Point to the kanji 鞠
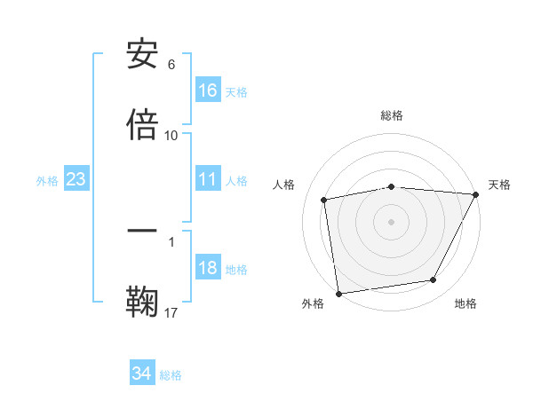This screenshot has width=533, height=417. (x=142, y=301)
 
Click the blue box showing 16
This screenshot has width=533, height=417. (x=208, y=90)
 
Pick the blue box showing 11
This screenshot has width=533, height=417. (x=208, y=179)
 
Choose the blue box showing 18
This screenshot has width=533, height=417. (x=208, y=269)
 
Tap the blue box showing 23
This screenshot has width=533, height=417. (x=76, y=179)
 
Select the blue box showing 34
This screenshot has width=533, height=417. (x=142, y=374)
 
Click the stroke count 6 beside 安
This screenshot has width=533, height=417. (x=171, y=65)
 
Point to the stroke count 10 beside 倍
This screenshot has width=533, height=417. (x=171, y=135)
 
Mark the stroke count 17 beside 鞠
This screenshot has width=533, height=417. (x=171, y=312)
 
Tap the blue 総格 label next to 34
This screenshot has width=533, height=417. (x=171, y=375)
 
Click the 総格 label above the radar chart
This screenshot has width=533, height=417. (x=392, y=115)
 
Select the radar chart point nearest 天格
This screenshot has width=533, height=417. (x=476, y=194)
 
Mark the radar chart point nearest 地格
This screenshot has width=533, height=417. (x=434, y=280)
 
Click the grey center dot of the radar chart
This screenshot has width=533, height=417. (x=392, y=221)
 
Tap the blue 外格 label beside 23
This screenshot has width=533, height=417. (x=47, y=181)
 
